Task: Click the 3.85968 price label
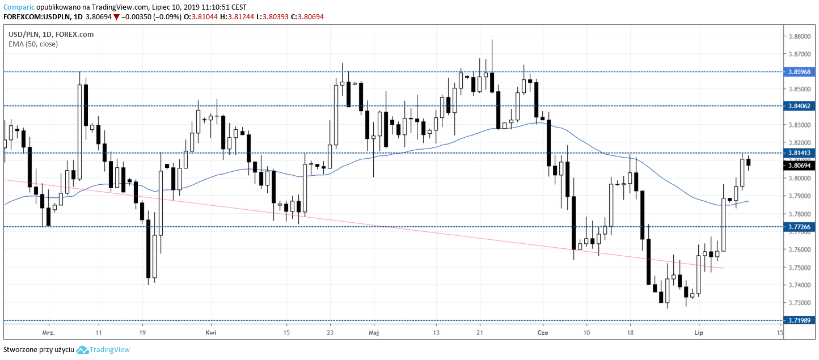coord(800,72)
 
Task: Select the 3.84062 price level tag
coord(800,106)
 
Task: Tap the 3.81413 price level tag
coord(800,153)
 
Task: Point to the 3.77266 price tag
coord(800,227)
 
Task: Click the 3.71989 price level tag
coord(800,321)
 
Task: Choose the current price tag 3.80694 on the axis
coord(800,166)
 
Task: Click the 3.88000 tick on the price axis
coord(799,36)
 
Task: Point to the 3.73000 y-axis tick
coord(799,303)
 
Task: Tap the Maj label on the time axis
coord(373,332)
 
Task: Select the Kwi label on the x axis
coord(211,332)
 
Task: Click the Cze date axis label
coord(542,332)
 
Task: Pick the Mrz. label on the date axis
coord(48,332)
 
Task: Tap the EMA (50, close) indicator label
coord(33,44)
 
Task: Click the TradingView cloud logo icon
coord(83,350)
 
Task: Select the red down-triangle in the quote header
coord(116,17)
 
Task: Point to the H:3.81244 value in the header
coord(237,17)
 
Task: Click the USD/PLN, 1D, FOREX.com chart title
coord(51,34)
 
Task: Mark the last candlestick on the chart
coord(749,162)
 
